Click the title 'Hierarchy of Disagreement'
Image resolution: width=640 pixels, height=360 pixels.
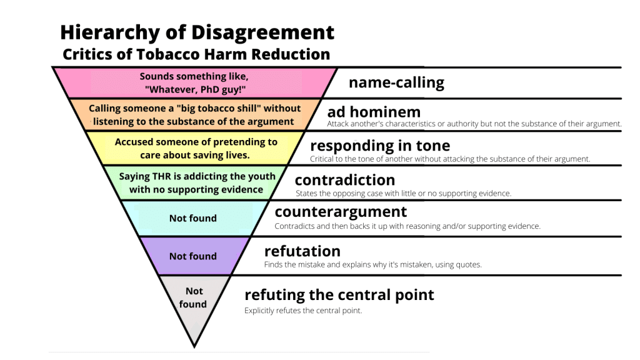click(197, 32)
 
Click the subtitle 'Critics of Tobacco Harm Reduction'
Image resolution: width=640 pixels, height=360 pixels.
click(196, 54)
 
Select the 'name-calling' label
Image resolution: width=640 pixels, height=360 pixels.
click(396, 82)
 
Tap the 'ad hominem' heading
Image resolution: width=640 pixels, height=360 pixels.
click(374, 112)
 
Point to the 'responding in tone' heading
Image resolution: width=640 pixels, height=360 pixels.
click(380, 146)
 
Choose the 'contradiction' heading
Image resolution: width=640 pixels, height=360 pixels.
click(345, 180)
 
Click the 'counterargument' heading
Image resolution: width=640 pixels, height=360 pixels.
click(341, 212)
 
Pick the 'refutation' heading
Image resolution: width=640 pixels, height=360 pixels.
click(302, 251)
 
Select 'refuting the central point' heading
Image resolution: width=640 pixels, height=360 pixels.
click(339, 294)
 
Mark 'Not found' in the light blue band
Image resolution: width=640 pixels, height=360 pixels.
click(193, 218)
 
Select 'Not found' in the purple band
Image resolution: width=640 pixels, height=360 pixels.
click(193, 256)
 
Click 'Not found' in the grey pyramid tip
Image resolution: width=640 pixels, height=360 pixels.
click(193, 297)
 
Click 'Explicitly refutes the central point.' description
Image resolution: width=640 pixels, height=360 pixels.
click(303, 311)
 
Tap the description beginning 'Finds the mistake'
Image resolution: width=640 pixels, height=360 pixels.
click(373, 265)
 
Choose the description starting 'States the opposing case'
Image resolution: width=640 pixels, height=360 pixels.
click(403, 194)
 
